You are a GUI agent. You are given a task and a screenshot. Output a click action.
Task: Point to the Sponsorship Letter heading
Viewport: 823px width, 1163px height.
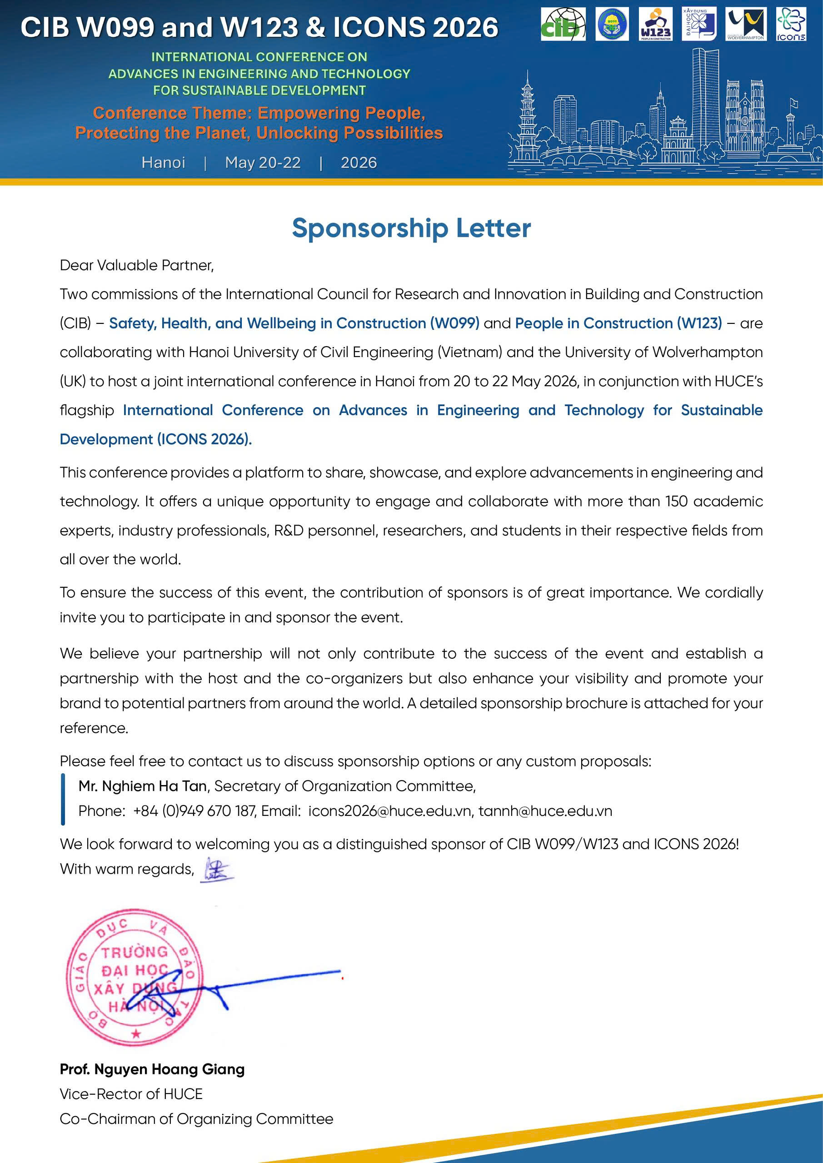point(411,228)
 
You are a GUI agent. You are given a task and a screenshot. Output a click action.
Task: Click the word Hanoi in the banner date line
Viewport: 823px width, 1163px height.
point(163,163)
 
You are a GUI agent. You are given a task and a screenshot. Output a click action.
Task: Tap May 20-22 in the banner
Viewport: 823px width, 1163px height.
point(263,163)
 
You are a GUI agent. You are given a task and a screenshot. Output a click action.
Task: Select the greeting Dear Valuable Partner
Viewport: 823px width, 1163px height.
point(137,265)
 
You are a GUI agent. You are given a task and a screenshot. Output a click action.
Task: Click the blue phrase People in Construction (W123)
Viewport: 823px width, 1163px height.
point(618,323)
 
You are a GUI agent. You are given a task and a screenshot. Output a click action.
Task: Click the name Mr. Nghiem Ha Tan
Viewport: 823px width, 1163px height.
point(142,786)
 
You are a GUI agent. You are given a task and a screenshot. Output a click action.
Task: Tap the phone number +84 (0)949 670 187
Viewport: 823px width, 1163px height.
point(195,811)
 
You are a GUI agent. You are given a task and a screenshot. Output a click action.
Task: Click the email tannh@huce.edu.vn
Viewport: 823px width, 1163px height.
point(545,811)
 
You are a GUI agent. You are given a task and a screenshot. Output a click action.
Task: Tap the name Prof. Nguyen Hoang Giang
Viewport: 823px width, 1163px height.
point(152,1069)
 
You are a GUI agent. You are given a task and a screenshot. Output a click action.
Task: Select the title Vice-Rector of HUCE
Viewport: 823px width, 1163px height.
point(131,1094)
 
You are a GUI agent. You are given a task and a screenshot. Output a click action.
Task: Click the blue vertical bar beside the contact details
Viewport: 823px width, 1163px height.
point(63,799)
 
